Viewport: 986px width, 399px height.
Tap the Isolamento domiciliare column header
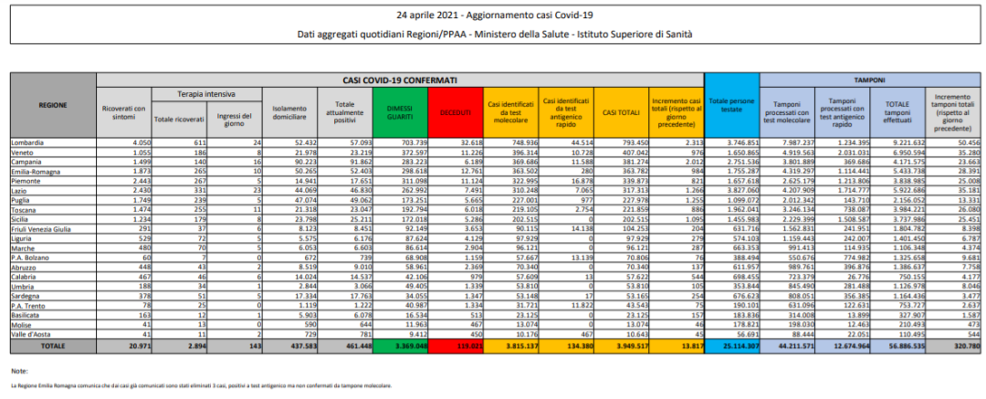point(288,111)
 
